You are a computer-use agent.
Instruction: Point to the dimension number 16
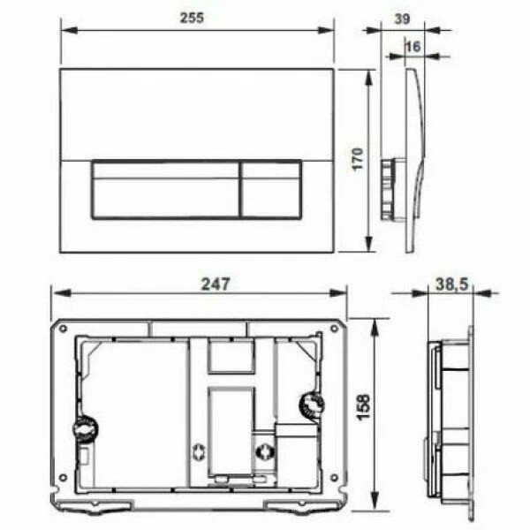coord(412,46)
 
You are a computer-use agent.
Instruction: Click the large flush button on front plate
coord(164,189)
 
